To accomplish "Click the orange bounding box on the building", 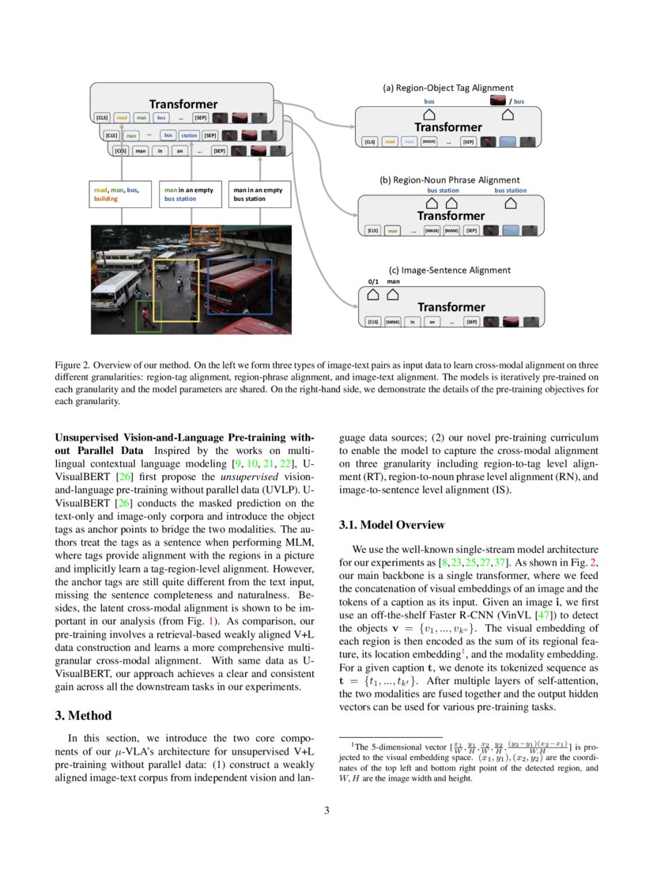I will pyautogui.click(x=206, y=234).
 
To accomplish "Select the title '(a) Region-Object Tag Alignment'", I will pyautogui.click(x=448, y=88).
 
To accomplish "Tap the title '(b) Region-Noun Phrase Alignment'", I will pyautogui.click(x=450, y=180).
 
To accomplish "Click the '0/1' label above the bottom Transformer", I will pyautogui.click(x=374, y=281).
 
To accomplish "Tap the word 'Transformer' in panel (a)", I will pyautogui.click(x=448, y=127).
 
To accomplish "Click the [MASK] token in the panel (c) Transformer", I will pyautogui.click(x=393, y=322).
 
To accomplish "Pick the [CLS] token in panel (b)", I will pyautogui.click(x=371, y=231).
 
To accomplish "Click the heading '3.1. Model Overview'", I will pyautogui.click(x=391, y=524).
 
